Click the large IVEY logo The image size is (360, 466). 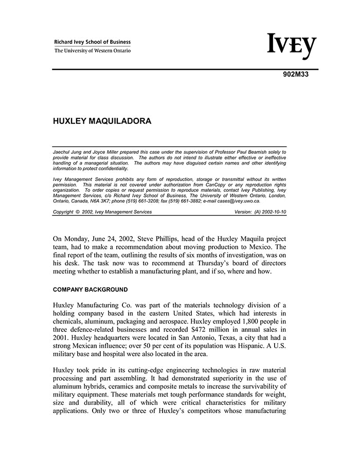coord(291,47)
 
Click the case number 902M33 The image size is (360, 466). coord(295,74)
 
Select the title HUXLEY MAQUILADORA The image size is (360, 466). coord(102,122)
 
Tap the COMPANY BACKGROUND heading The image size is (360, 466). coord(91,290)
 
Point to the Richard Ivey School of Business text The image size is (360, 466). coord(93,42)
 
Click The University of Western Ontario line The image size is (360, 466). coord(93,50)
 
